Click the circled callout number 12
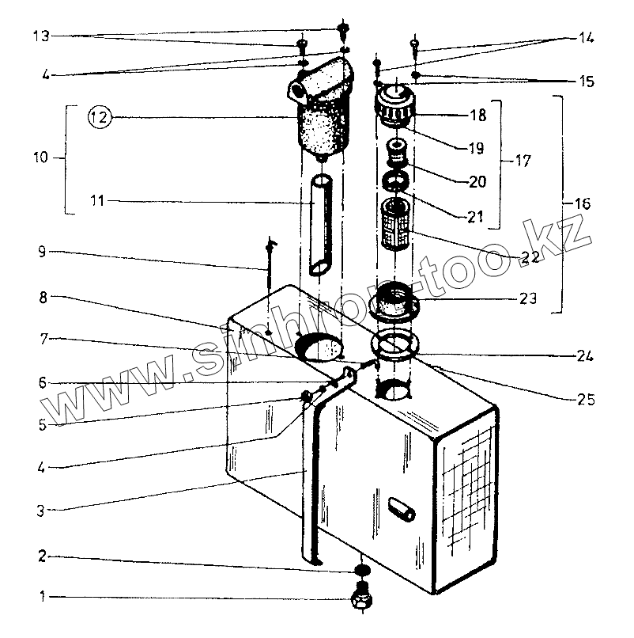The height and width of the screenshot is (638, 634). [98, 118]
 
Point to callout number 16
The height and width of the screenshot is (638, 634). [582, 204]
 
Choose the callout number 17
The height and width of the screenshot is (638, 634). [522, 161]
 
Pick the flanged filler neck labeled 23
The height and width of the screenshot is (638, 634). [394, 300]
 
